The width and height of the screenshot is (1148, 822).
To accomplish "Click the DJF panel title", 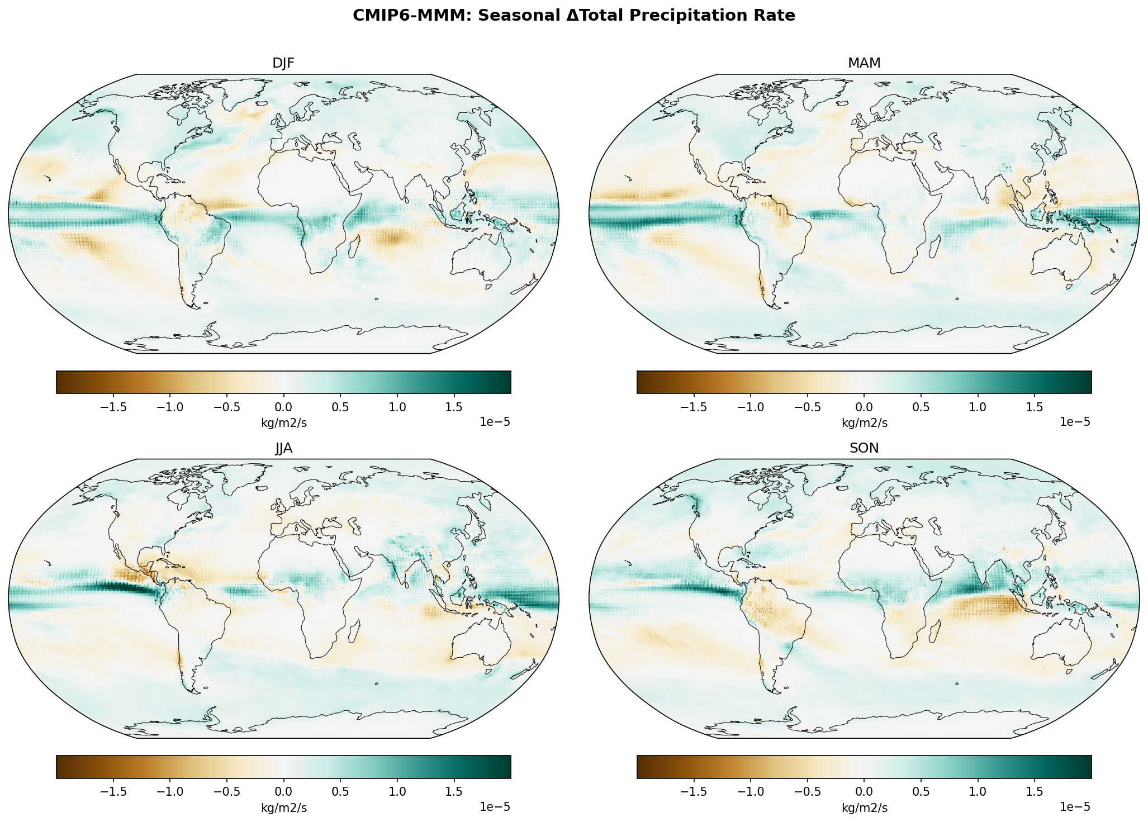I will pos(283,64).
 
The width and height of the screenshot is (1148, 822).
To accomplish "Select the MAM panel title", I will pos(864,64).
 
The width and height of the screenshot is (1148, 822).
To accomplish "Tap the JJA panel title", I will pos(283,448).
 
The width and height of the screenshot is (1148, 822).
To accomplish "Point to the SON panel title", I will pos(864,448).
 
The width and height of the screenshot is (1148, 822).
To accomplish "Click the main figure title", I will pos(573,16).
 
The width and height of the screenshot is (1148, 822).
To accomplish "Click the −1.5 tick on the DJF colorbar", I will pos(113,406).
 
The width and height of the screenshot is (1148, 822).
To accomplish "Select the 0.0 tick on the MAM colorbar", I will pos(864,406).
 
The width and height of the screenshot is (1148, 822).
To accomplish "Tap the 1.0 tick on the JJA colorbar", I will pos(397,791).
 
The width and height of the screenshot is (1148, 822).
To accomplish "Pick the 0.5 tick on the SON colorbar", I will pos(921,791).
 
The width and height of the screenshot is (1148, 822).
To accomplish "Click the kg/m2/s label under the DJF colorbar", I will pos(284,423).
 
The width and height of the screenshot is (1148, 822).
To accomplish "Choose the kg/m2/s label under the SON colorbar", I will pos(864,808).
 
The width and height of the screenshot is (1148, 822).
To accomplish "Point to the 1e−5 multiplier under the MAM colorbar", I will pos(1075,422).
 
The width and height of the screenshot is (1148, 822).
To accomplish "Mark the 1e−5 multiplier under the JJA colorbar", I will pos(495,806).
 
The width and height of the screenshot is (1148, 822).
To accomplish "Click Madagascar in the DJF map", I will pos(354,246).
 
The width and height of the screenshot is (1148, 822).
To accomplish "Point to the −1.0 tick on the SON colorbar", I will pos(751,791).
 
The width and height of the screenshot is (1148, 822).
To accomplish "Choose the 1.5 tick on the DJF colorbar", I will pos(454,406).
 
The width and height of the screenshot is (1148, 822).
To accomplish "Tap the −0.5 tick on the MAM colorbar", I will pos(807,406).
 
